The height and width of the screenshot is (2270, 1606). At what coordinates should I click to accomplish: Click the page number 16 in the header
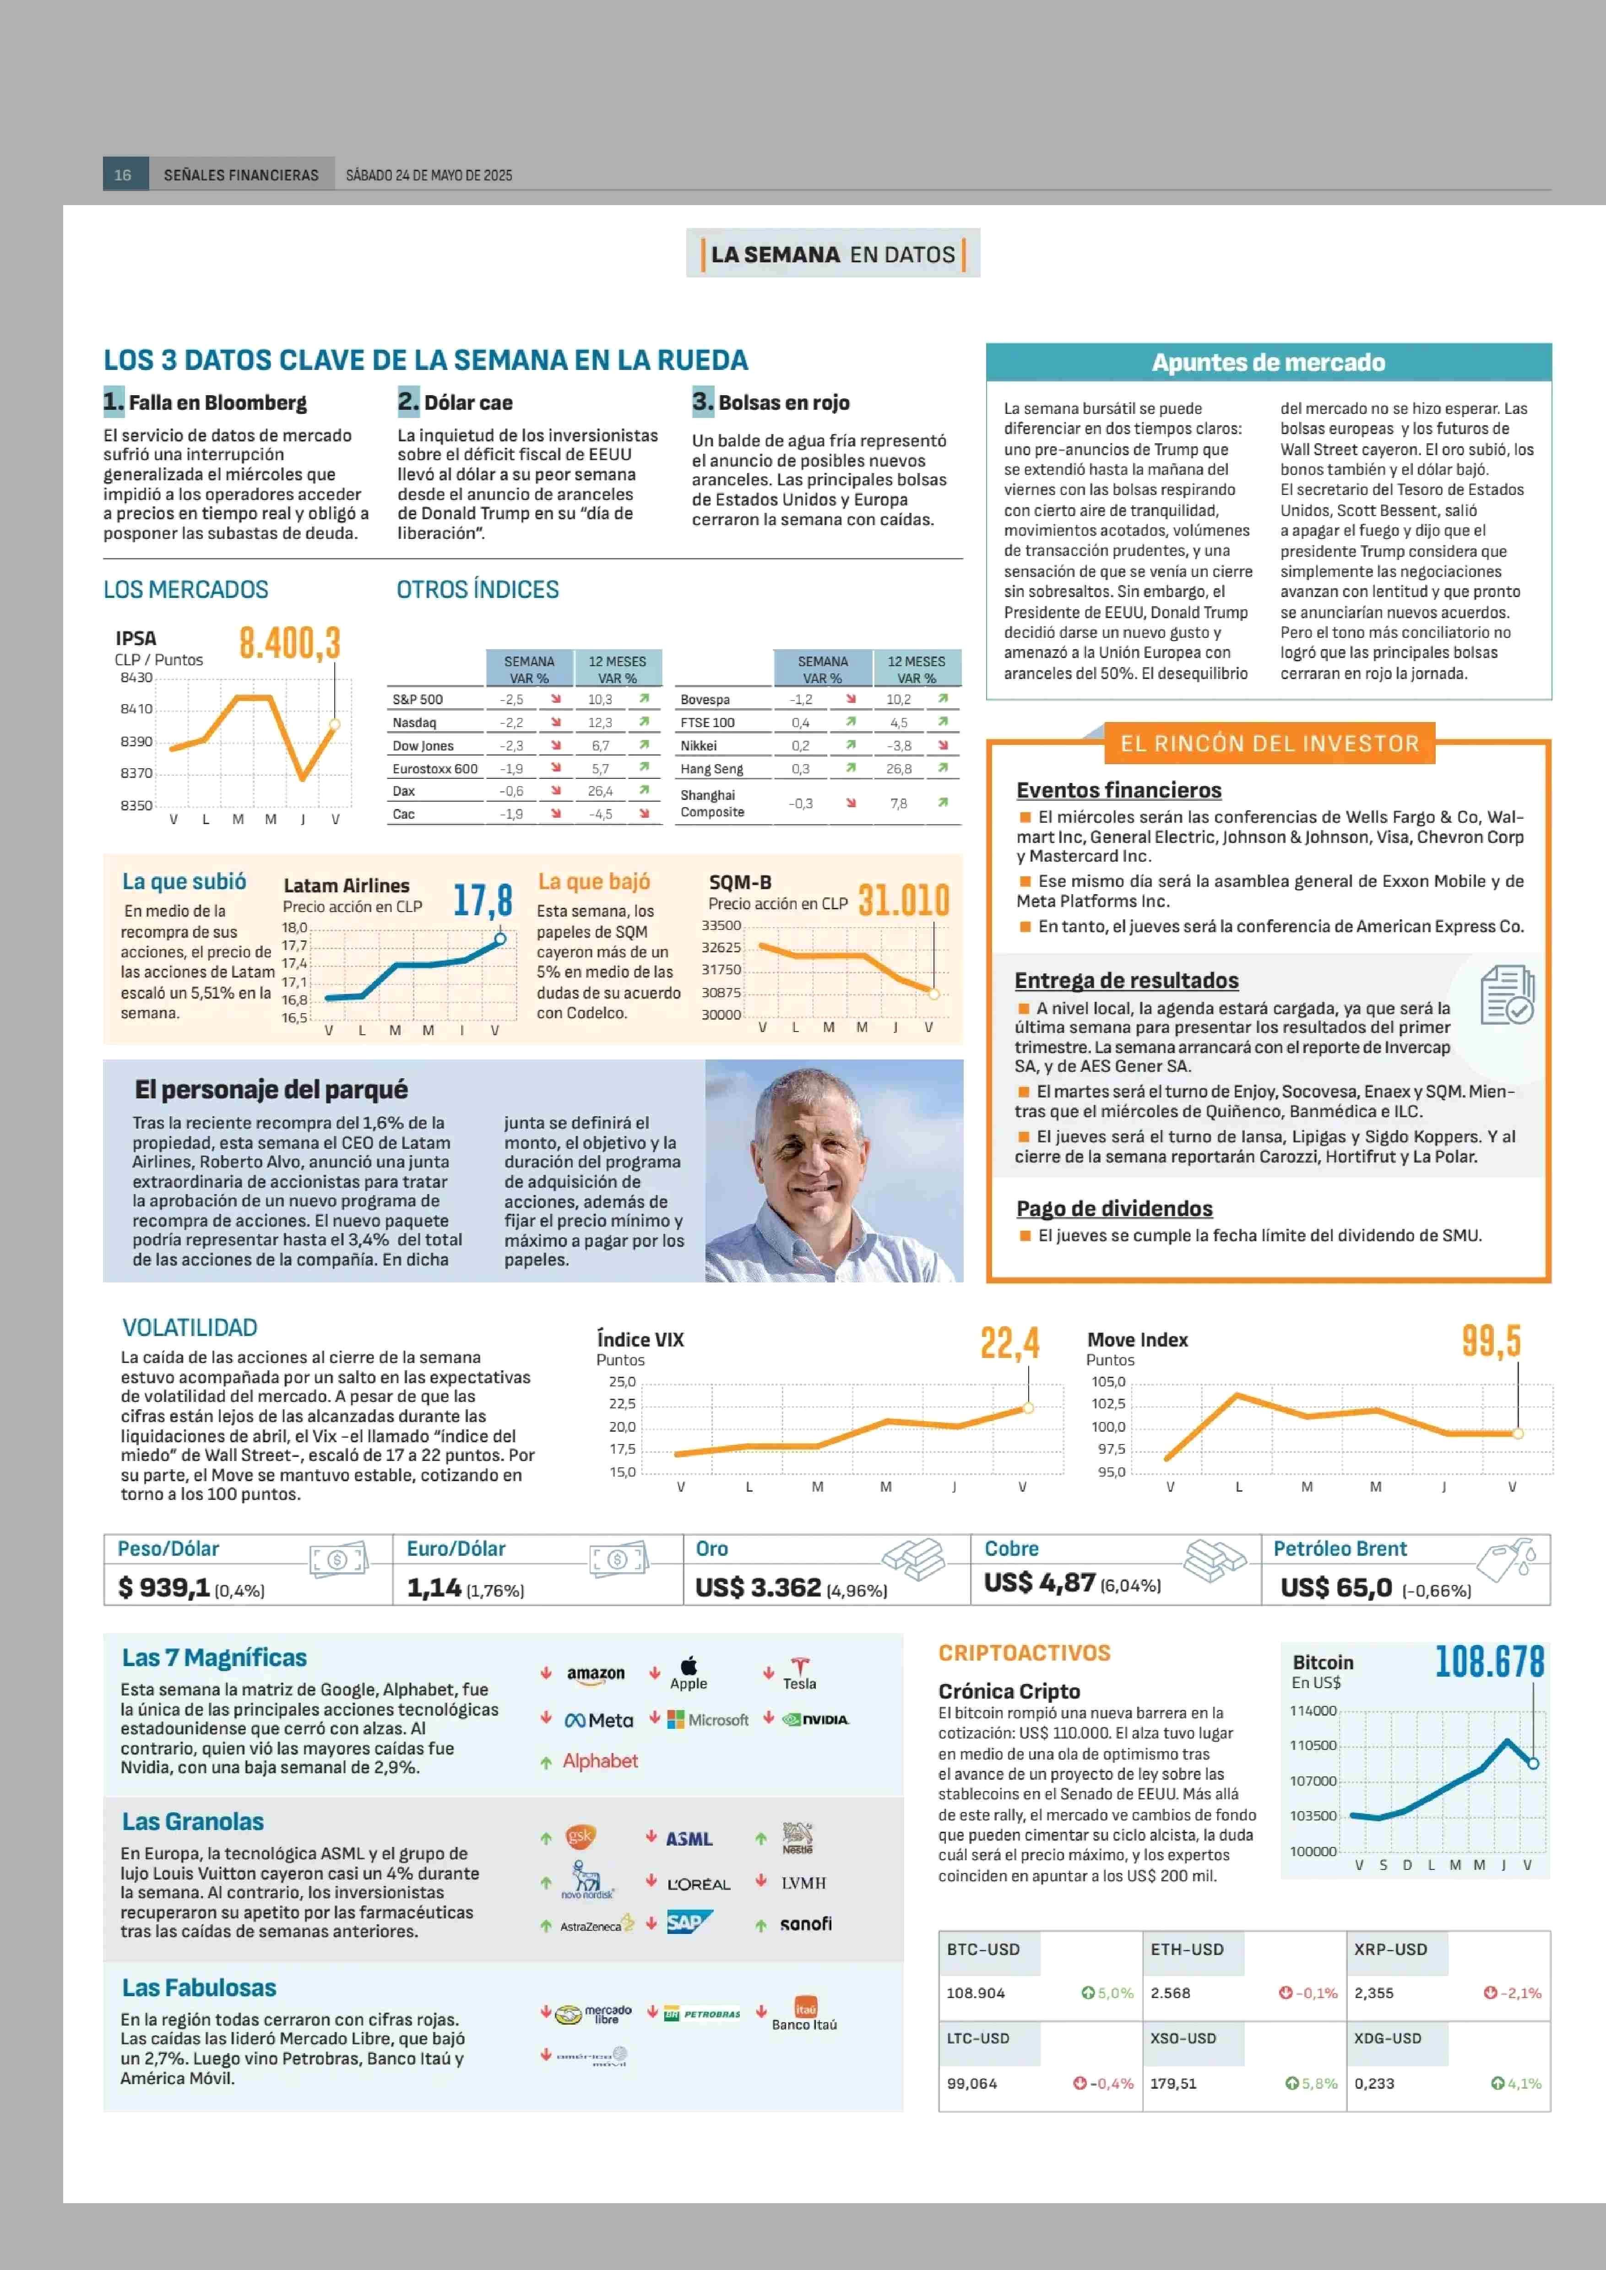point(123,175)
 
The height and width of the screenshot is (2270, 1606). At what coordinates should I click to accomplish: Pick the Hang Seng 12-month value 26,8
point(898,769)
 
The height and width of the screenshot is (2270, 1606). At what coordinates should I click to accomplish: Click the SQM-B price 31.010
point(903,900)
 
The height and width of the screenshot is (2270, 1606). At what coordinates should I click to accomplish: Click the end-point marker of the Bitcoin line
point(1533,1764)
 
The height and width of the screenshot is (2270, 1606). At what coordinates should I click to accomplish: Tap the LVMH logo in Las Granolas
point(803,1883)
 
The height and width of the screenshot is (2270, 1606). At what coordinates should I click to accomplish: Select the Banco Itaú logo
point(804,2014)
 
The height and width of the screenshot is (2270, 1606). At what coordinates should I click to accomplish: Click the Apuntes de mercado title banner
point(1268,362)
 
